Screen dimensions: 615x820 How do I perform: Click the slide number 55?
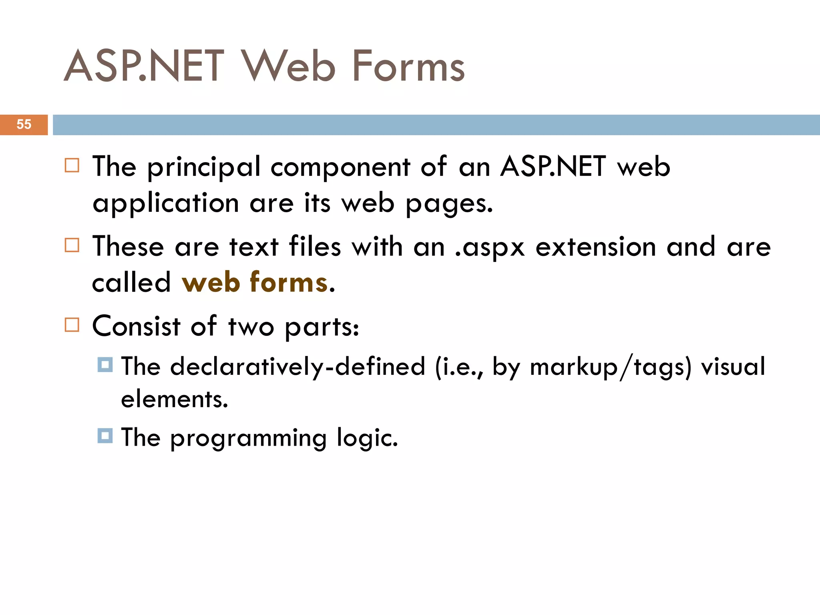pos(24,125)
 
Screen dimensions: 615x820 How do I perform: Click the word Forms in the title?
pos(408,66)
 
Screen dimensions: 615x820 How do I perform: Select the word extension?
pos(596,247)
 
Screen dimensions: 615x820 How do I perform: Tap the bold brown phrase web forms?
pos(255,282)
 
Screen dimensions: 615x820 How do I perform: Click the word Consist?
pos(136,326)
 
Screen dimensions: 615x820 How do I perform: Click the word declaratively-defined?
pos(297,366)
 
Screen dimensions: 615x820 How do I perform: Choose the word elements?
pos(175,399)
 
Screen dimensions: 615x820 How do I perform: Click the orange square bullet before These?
pos(72,245)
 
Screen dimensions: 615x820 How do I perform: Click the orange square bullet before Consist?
pos(72,325)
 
